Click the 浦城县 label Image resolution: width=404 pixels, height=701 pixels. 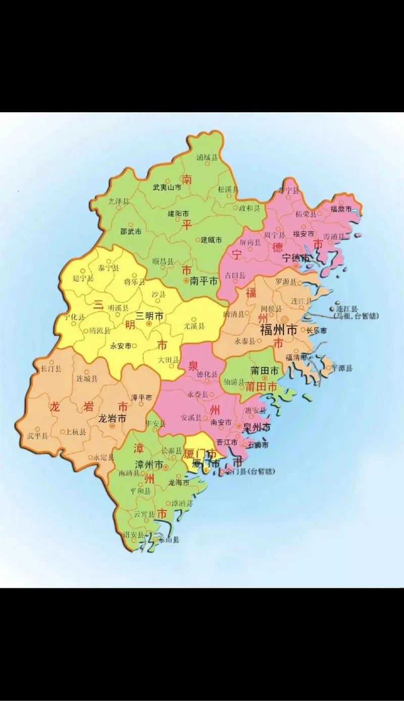[x=207, y=157]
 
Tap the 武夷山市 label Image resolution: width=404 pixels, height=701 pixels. [x=167, y=187]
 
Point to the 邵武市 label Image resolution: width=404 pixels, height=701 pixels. [x=130, y=230]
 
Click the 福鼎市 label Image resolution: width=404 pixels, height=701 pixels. [x=342, y=208]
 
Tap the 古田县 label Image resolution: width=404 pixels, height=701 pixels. [x=235, y=275]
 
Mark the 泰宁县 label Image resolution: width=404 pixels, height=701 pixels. [x=109, y=268]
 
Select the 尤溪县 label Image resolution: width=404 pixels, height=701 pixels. [x=194, y=326]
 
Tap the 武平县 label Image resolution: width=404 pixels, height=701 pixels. [x=37, y=436]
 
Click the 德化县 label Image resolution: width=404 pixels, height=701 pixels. [x=207, y=375]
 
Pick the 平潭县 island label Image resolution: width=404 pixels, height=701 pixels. [x=342, y=368]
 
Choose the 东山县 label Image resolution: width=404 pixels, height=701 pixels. [x=169, y=540]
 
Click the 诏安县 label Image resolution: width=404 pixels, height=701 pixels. [x=133, y=535]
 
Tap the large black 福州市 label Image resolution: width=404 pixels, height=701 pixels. [x=278, y=331]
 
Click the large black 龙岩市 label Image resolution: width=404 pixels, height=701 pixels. [x=112, y=418]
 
